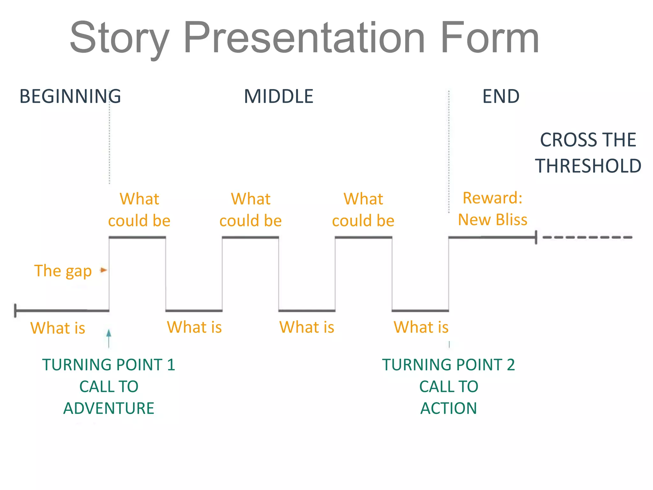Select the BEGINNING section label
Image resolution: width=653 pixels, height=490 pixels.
(x=70, y=96)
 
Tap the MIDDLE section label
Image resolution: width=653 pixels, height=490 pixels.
(x=279, y=96)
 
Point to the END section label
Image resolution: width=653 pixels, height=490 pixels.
(x=501, y=96)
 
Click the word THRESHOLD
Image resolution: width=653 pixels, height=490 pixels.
(x=588, y=166)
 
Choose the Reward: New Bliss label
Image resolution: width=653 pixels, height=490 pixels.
(x=493, y=209)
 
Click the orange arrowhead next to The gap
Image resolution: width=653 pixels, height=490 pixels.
(x=104, y=270)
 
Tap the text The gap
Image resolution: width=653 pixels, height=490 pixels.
(x=63, y=271)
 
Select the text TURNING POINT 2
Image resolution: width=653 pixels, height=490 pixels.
(x=449, y=365)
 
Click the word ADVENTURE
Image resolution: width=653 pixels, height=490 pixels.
(x=109, y=408)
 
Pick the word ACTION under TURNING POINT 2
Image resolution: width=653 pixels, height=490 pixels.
(x=449, y=408)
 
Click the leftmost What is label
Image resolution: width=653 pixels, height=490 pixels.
(x=58, y=328)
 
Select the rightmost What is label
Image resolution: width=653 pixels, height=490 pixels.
(x=421, y=327)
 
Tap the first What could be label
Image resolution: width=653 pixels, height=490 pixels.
(x=139, y=210)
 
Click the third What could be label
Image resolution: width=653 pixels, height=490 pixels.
(x=363, y=210)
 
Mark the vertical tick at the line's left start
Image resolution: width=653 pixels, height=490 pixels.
(x=15, y=310)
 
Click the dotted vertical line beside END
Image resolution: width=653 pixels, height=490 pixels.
(x=449, y=150)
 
